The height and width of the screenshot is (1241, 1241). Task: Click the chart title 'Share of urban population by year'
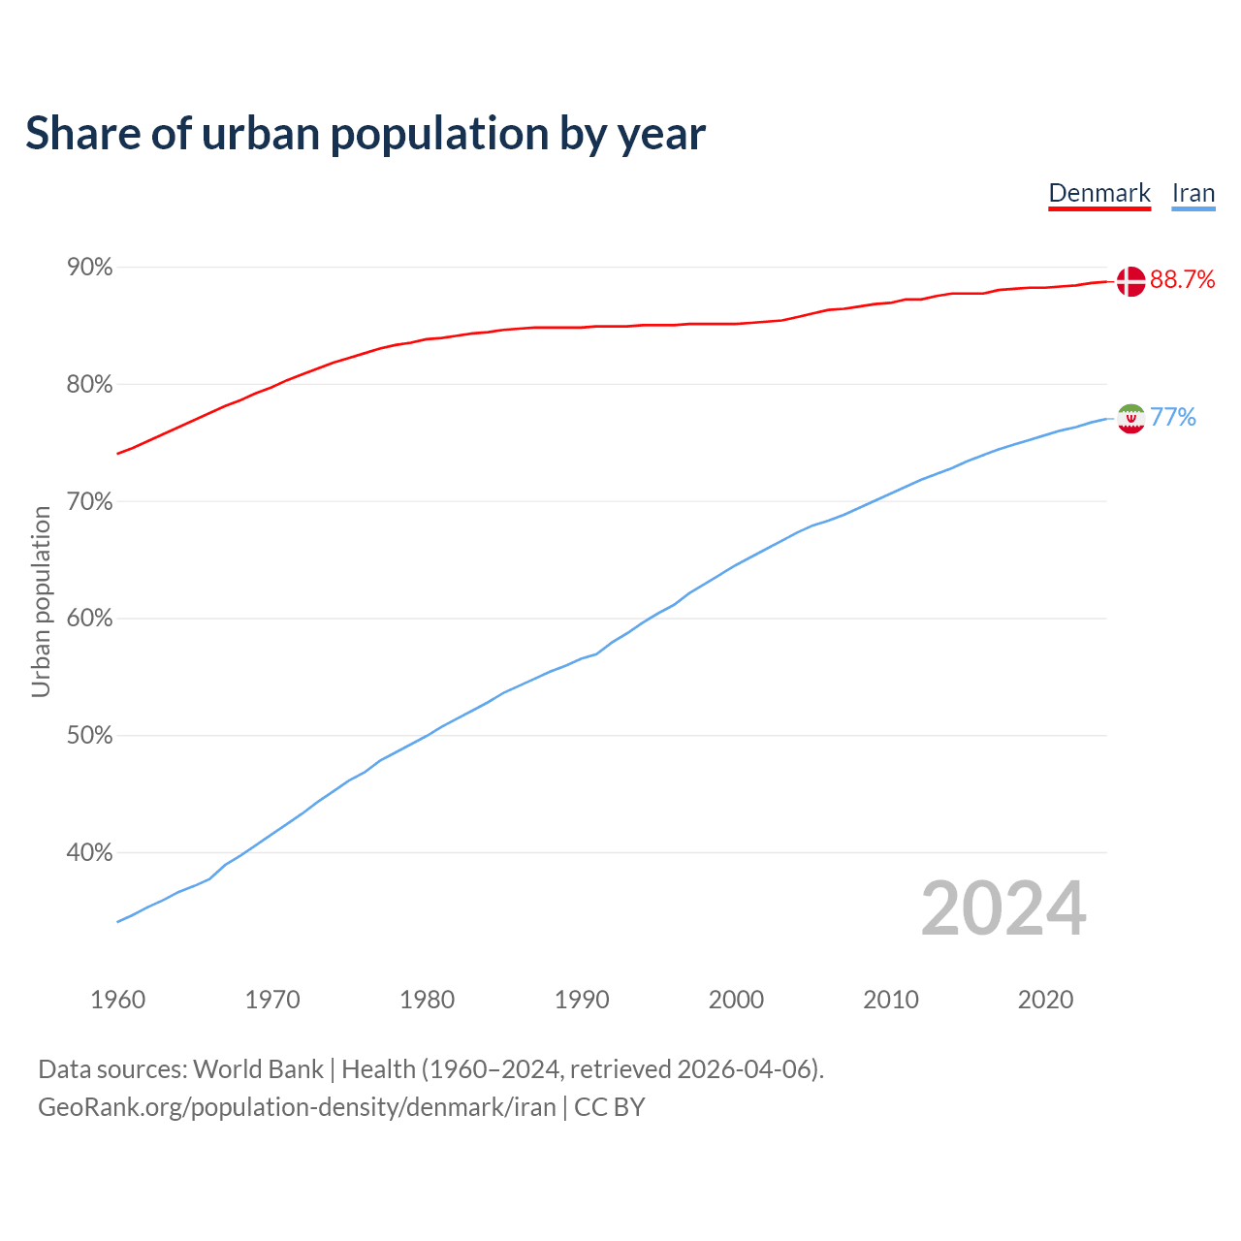(366, 134)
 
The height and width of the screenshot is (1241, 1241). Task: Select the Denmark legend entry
(1099, 193)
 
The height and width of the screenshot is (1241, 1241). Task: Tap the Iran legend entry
(1193, 193)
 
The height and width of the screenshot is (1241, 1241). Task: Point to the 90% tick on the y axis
(90, 267)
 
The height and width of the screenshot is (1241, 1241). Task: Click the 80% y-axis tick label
(90, 385)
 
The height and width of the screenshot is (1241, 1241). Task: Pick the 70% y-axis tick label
(90, 501)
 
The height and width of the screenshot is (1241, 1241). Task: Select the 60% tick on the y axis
(90, 619)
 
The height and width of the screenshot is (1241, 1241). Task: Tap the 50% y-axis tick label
(90, 736)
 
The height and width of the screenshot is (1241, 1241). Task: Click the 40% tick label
(90, 853)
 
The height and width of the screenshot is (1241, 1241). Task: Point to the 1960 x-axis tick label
(118, 1000)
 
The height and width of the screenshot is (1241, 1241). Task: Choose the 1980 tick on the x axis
(427, 1000)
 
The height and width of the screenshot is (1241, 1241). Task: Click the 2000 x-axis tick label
(736, 1000)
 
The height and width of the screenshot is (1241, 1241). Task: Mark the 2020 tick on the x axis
(1045, 1000)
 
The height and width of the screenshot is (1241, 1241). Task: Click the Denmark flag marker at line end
(1130, 281)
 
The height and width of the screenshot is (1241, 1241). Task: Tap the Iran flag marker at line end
(1130, 418)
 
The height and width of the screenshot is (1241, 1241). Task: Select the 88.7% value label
(1183, 280)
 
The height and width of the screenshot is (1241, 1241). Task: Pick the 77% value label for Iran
(1173, 418)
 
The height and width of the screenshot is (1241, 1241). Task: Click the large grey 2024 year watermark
(1003, 908)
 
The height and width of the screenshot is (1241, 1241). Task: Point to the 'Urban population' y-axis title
(41, 601)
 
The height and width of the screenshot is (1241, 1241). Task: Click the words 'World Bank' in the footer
(258, 1069)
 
